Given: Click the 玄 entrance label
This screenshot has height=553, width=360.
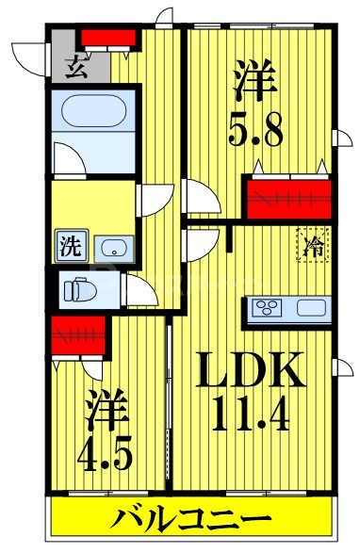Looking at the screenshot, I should [x=74, y=67].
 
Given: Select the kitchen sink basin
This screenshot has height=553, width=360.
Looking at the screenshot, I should [x=312, y=309].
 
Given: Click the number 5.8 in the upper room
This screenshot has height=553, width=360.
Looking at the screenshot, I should [x=255, y=128].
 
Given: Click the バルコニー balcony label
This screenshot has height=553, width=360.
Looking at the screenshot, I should [x=193, y=518].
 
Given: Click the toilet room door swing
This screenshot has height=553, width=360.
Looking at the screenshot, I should [x=141, y=291].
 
